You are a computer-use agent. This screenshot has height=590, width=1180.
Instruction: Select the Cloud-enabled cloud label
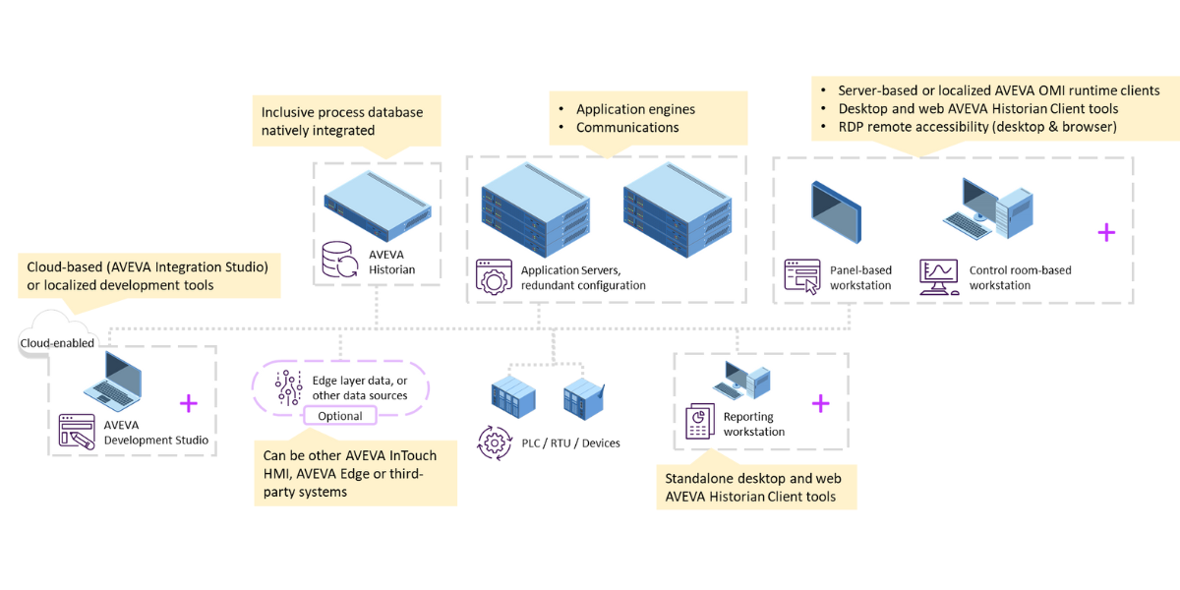pos(58,343)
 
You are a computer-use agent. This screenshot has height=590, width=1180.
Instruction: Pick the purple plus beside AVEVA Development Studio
pos(188,403)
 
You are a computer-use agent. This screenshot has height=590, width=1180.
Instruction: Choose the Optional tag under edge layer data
pos(339,416)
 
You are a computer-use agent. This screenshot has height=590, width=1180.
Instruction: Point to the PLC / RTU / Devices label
pos(573,443)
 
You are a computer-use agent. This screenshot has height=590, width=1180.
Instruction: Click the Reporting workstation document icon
pos(699,422)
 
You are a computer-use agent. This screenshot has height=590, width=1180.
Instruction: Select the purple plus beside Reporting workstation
pos(820,403)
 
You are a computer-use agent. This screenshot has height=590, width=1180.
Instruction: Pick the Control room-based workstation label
pos(1020,277)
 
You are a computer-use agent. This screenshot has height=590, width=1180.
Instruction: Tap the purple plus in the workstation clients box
pos(1106,232)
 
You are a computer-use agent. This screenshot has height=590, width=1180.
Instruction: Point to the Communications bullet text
pos(627,127)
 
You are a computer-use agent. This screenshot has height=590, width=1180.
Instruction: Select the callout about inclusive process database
pos(345,121)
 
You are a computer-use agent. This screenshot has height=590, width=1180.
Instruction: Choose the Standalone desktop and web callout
pos(756,488)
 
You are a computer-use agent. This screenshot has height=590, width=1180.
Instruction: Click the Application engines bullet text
pos(635,109)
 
